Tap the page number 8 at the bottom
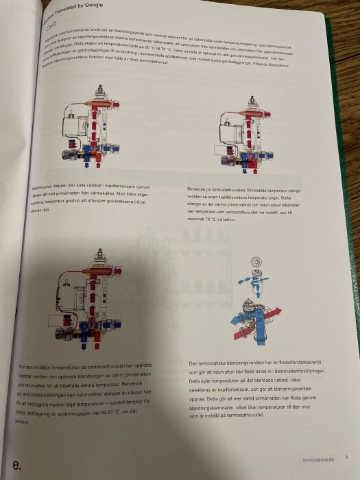click(347, 457)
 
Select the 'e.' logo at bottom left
click(16, 465)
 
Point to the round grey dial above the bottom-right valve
click(255, 261)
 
